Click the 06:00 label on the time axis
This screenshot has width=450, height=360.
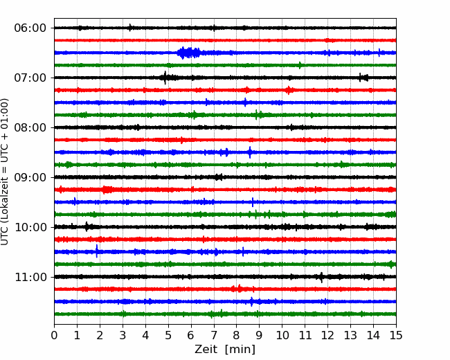point(30,28)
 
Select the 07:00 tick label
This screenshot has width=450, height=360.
point(30,78)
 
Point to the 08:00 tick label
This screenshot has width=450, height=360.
point(30,127)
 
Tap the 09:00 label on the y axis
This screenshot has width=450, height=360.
point(30,177)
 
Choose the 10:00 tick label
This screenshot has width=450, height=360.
point(30,227)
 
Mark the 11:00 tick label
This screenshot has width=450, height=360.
point(30,277)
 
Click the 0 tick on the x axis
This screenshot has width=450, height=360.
point(54,335)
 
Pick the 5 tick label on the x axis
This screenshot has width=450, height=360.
point(168,335)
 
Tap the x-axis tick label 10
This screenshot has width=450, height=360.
point(282,335)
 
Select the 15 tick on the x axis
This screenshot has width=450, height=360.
point(396,335)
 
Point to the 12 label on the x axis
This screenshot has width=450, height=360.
point(327,335)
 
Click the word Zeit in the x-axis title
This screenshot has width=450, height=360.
point(206,350)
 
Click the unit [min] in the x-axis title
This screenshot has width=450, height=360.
point(240,350)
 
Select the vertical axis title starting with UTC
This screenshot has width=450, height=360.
point(5,172)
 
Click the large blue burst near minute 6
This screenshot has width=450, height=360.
point(188,53)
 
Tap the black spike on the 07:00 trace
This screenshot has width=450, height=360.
point(165,78)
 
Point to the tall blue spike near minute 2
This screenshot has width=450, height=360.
point(97,251)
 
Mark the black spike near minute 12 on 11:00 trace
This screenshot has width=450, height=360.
point(321,278)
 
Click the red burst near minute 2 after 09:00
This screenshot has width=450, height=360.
point(107,190)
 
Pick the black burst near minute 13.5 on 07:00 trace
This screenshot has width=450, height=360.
point(363,78)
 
